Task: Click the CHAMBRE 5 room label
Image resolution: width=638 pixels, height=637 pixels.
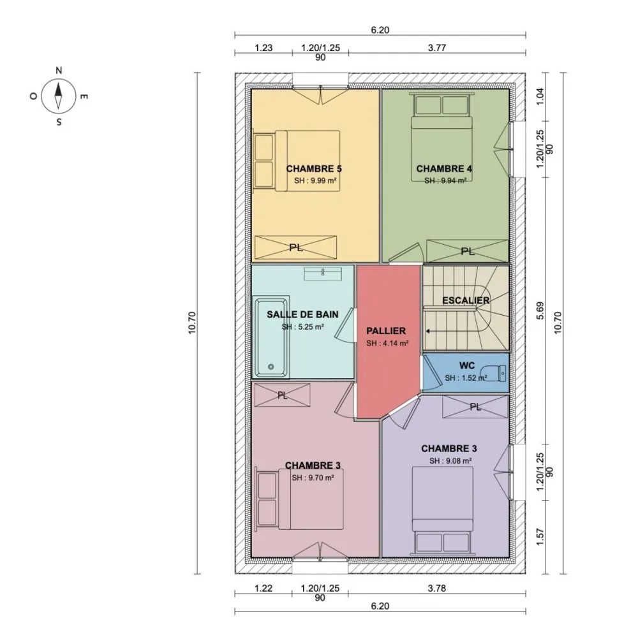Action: (314, 169)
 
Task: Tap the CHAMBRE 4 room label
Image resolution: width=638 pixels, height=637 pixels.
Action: (444, 169)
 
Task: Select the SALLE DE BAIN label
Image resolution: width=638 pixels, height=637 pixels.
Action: (302, 314)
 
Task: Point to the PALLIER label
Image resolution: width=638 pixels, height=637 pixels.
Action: (386, 331)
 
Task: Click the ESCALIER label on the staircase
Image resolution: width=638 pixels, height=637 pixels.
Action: (466, 300)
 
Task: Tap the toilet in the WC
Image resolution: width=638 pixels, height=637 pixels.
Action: (493, 373)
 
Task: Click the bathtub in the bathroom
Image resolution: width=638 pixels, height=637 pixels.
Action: (271, 337)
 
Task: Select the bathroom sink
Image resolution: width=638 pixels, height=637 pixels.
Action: (323, 274)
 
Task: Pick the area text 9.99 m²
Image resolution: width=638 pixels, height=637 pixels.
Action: (315, 180)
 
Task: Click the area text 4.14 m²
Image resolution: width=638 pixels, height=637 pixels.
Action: (387, 343)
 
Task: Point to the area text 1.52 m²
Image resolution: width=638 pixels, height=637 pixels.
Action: (466, 378)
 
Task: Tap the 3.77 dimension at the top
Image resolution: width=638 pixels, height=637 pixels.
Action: (437, 48)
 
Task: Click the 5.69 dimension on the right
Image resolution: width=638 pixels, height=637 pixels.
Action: (540, 311)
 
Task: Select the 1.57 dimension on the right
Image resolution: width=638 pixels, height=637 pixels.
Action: (540, 537)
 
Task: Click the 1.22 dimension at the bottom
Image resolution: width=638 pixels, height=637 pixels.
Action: (263, 588)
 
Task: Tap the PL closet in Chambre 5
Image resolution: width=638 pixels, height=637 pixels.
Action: (296, 247)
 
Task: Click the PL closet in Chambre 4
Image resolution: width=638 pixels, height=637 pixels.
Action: (467, 251)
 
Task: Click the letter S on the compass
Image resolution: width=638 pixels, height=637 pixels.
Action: (59, 122)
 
